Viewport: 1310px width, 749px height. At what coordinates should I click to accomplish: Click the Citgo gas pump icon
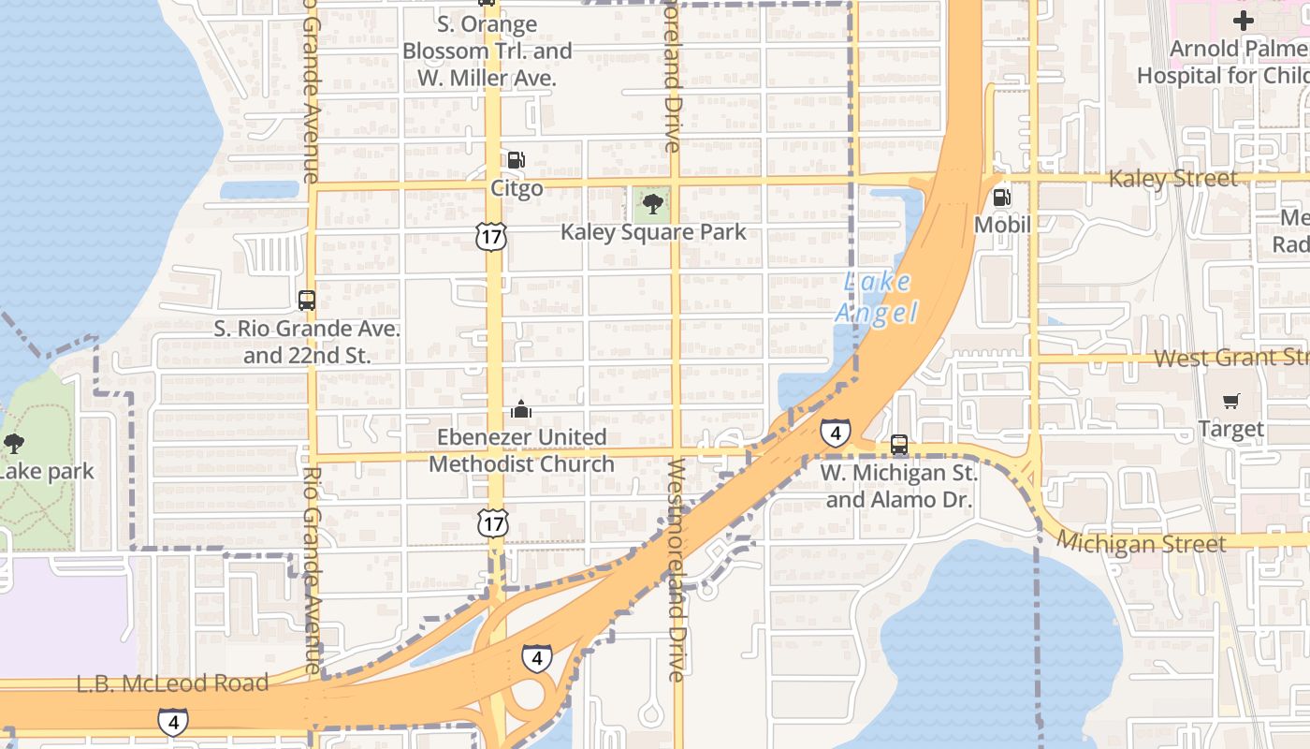tap(517, 160)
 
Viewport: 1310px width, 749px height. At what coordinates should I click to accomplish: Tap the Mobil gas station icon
tap(1001, 198)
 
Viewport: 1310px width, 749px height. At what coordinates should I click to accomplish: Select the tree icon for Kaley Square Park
tap(652, 202)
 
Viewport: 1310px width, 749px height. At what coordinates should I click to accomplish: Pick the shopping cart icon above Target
tap(1231, 401)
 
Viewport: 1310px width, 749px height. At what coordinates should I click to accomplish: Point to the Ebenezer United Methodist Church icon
tap(521, 409)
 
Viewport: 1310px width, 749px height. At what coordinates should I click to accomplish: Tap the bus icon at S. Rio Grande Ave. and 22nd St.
tap(306, 301)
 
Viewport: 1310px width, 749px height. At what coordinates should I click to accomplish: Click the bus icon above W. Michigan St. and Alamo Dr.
tap(898, 444)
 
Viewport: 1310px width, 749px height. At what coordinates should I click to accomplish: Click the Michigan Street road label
tap(1142, 543)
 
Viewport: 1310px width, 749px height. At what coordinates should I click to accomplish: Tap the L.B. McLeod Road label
tap(172, 683)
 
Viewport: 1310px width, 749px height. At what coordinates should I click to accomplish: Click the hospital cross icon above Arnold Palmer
tap(1243, 20)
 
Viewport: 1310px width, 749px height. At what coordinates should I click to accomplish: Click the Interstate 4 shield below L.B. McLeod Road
tap(172, 722)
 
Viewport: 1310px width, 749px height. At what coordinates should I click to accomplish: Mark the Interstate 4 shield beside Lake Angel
tap(835, 433)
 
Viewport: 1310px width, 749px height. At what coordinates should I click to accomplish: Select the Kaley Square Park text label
tap(653, 231)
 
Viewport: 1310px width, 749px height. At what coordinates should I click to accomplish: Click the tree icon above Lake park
tap(13, 443)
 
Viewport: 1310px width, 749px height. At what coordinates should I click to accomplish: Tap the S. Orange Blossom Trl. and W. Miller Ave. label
tap(487, 51)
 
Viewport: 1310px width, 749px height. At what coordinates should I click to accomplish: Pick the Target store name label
tap(1230, 429)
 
